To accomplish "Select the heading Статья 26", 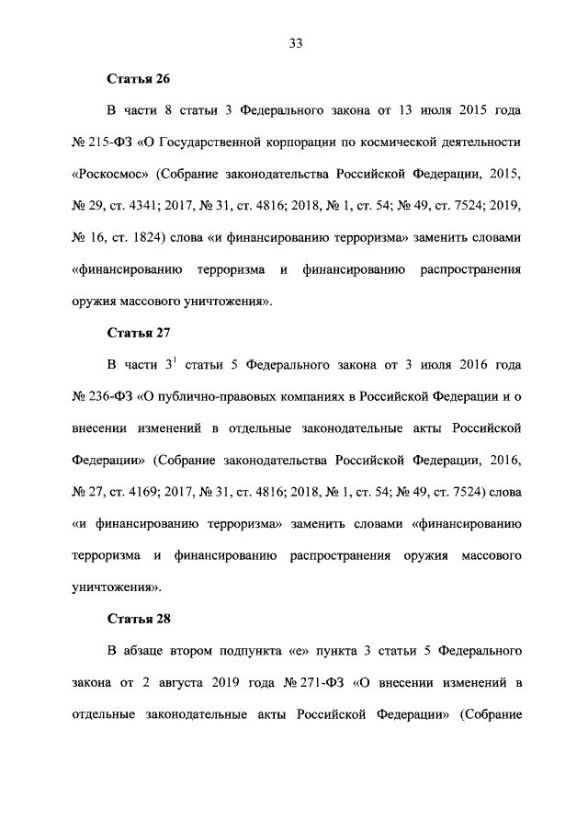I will point(139,79).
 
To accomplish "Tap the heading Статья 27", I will point(139,332).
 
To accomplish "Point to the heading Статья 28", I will point(139,617).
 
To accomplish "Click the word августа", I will point(171,681).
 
